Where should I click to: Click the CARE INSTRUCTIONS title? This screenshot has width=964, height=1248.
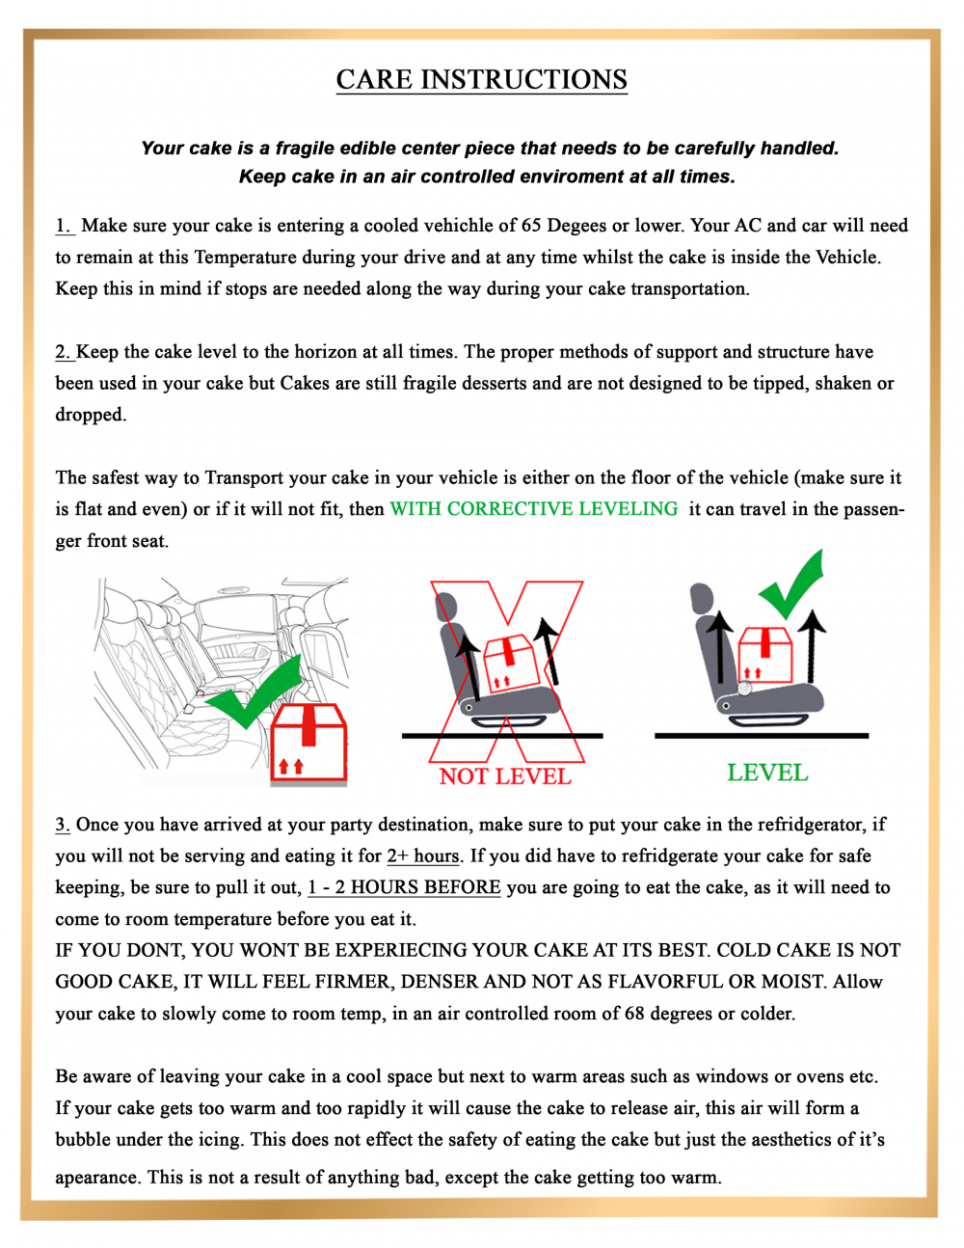pos(481,79)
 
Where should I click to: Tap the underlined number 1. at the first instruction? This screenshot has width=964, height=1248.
pos(64,226)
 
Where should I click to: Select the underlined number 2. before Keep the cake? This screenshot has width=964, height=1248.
pos(64,352)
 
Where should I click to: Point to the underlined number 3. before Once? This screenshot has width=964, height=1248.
pos(63,825)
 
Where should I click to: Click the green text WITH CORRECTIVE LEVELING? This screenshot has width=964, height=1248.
pos(533,509)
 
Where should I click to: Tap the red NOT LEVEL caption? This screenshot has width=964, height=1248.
pos(505,776)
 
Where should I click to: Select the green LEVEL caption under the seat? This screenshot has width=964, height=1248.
pos(767,773)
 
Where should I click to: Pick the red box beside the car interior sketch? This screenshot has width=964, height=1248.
pos(308,743)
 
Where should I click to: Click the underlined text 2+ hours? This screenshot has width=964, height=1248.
pos(423,856)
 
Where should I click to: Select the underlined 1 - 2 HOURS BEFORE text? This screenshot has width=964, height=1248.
pos(404,887)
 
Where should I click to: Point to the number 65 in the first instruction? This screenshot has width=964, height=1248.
pos(531,226)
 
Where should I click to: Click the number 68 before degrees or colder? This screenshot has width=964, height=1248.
pos(634,1014)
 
